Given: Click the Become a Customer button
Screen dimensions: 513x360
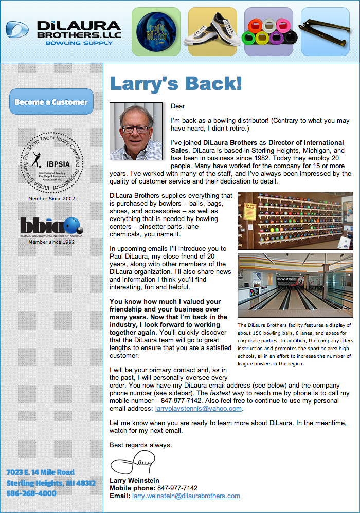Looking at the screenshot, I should (x=51, y=102).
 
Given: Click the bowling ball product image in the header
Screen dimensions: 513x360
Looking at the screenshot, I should (x=155, y=31).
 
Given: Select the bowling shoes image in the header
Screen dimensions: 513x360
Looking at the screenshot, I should (x=212, y=31).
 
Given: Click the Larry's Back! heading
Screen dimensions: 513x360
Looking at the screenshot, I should (x=176, y=84).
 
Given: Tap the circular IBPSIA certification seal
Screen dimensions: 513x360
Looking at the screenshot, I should (x=51, y=162).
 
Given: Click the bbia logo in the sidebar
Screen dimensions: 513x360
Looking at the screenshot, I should (x=51, y=226).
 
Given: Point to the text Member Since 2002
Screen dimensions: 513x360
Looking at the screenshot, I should (x=51, y=198).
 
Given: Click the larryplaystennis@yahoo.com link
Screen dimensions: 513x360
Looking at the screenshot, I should (x=199, y=409).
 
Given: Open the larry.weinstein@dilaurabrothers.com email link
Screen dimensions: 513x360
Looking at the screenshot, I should (x=186, y=496).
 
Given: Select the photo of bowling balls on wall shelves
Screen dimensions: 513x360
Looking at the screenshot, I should (x=295, y=221).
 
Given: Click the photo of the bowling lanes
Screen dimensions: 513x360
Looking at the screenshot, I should (x=295, y=285).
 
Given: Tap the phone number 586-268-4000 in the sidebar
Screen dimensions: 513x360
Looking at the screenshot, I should (x=31, y=493).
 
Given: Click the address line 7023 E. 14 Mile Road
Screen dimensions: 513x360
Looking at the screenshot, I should (x=41, y=472).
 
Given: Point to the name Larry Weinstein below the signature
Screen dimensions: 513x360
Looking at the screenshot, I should (x=134, y=481).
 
